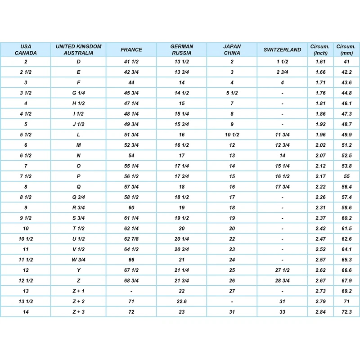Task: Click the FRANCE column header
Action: (131, 50)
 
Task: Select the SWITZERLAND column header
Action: (282, 50)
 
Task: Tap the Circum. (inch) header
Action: (320, 49)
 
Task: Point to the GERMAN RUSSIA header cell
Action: (181, 49)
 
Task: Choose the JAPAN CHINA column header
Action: (232, 49)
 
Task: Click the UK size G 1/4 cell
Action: (79, 93)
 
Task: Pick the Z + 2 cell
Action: (79, 301)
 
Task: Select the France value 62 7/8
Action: (131, 239)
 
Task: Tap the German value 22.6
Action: (181, 301)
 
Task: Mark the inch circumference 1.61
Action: (320, 62)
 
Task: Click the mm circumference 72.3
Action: (346, 311)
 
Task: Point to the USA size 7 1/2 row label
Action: (26, 176)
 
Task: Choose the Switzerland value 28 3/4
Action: (282, 280)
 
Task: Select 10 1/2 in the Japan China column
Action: (232, 135)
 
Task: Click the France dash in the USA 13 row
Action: (131, 291)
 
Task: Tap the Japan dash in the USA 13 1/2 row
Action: (232, 301)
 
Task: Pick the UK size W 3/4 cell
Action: (79, 260)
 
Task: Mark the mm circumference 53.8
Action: (346, 166)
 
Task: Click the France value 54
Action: (131, 156)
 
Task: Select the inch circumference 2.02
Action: (320, 145)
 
